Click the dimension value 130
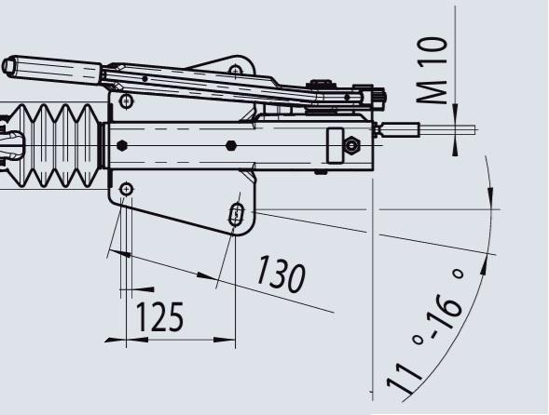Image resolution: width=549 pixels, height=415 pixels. [281, 274]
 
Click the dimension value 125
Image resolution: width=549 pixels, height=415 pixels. [159, 316]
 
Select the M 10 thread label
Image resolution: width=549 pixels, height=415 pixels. [432, 70]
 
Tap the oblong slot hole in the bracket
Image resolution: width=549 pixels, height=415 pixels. [237, 214]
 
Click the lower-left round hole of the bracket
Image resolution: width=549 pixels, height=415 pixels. [126, 189]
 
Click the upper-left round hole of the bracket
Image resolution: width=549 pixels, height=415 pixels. [126, 101]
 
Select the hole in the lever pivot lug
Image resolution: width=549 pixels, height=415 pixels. [236, 71]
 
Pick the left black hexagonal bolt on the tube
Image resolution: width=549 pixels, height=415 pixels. [121, 145]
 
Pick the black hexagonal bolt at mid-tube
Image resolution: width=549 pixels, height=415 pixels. [231, 145]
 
